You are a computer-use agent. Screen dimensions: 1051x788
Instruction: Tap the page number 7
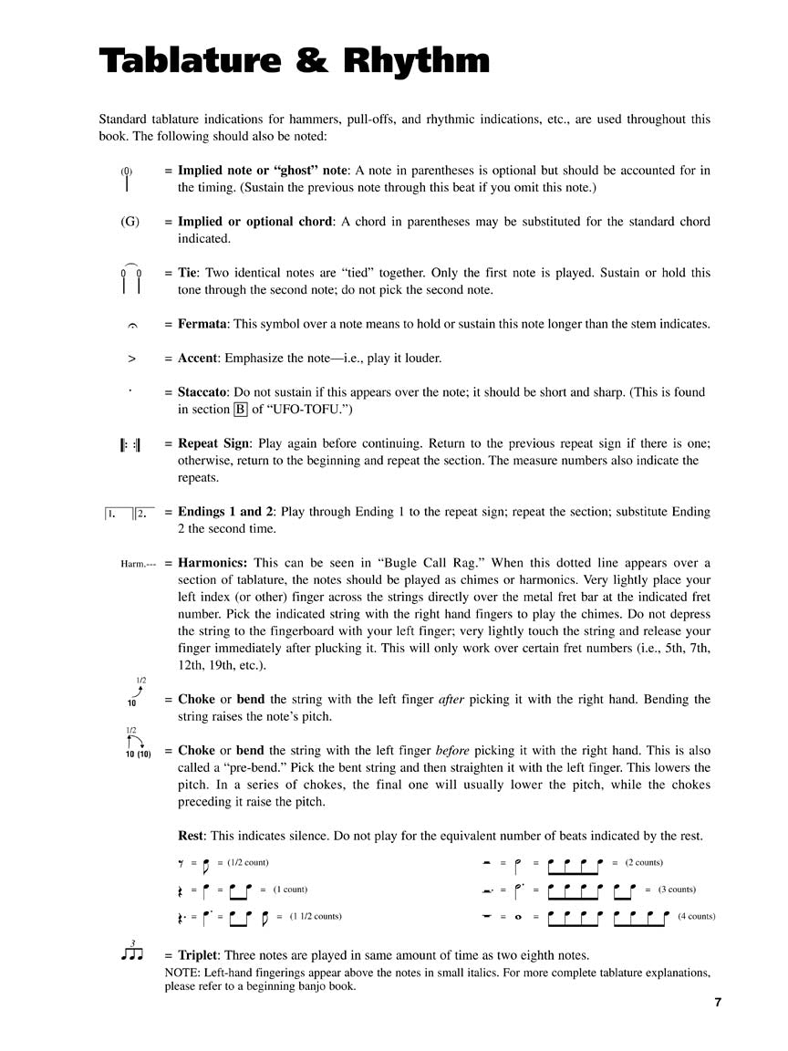(718, 1003)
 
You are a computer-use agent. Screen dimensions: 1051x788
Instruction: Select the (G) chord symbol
(130, 222)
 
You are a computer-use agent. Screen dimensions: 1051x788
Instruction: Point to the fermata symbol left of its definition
(131, 326)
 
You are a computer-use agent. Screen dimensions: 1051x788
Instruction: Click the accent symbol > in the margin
(131, 359)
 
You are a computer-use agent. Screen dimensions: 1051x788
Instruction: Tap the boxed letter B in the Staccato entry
(241, 410)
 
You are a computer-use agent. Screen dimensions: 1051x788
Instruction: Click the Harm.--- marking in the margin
(138, 565)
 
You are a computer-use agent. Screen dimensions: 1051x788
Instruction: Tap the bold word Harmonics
(211, 563)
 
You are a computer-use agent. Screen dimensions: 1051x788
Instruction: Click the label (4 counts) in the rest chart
(697, 916)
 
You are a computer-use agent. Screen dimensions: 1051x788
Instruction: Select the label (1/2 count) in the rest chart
(248, 862)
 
